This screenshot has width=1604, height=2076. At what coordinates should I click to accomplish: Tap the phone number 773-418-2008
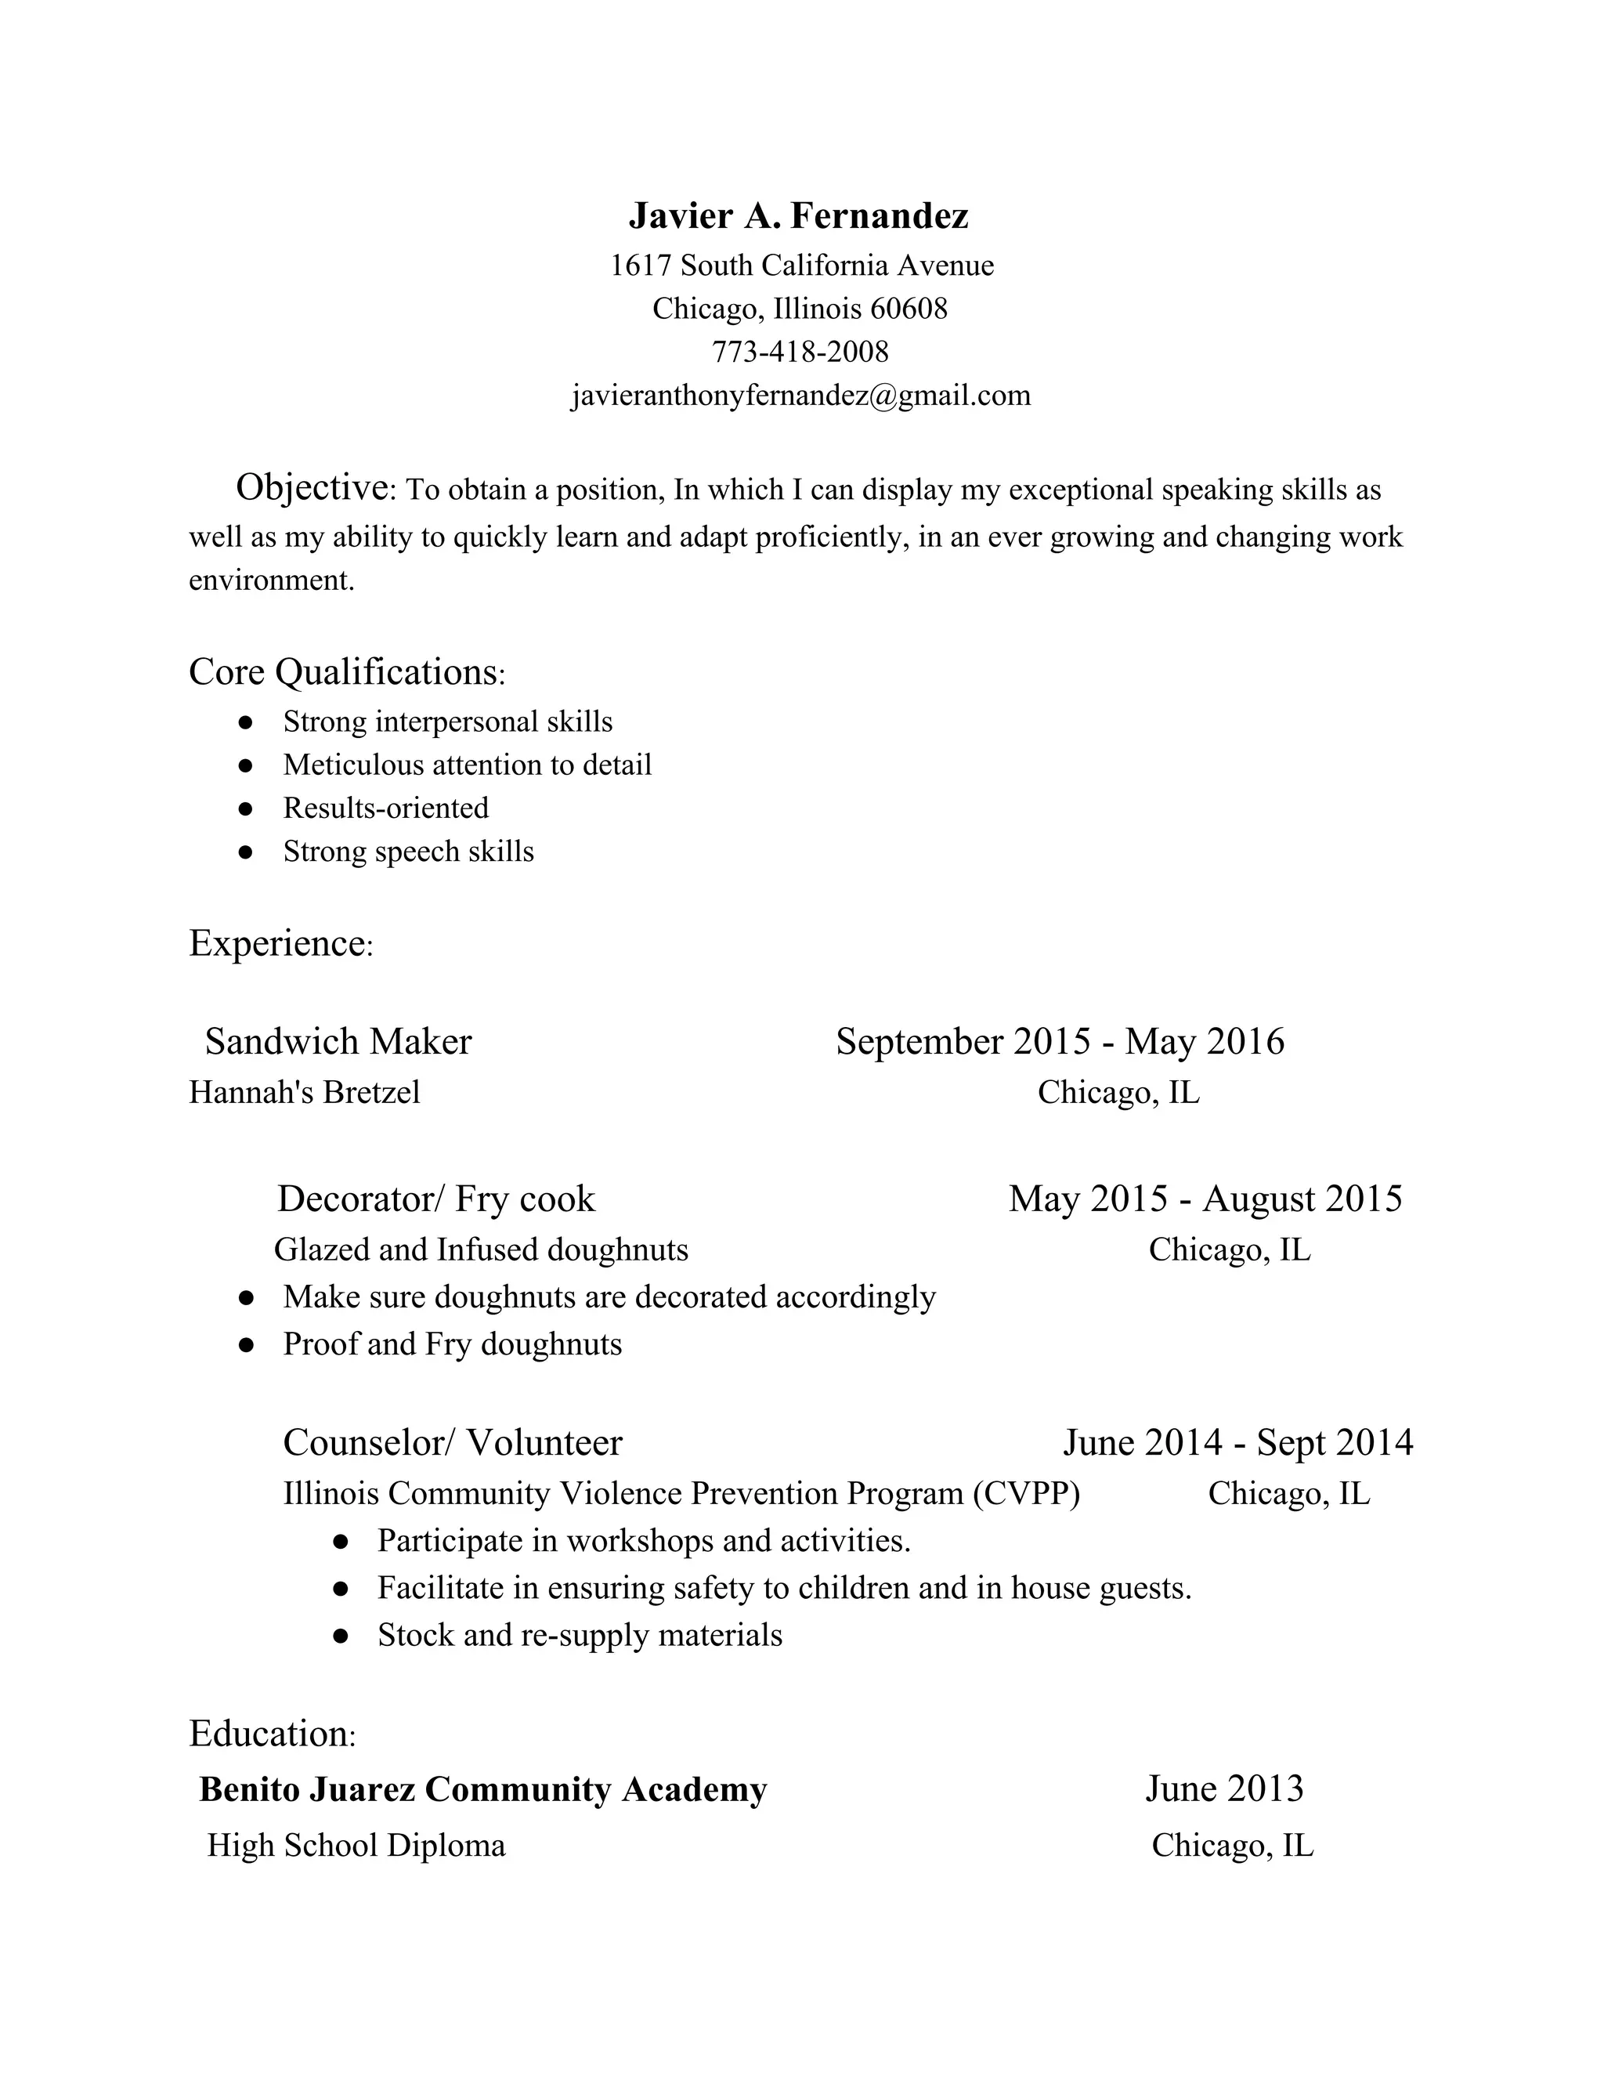800,352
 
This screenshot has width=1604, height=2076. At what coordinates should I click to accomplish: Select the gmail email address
800,396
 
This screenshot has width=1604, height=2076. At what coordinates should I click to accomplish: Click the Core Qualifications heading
346,672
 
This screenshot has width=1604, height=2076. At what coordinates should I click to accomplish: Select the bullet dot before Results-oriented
246,809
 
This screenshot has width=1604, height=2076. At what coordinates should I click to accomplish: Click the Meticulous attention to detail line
467,765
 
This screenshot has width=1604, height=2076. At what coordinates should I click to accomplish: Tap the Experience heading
280,943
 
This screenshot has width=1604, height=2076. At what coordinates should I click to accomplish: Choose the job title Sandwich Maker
338,1042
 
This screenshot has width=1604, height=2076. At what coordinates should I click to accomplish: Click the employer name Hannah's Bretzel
304,1092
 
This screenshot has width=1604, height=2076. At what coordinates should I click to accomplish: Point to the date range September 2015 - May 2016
1060,1042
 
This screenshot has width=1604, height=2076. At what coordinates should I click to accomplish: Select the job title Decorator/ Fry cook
436,1199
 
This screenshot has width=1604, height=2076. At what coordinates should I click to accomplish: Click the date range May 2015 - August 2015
1205,1199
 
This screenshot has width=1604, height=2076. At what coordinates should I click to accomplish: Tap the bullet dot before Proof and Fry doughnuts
246,1345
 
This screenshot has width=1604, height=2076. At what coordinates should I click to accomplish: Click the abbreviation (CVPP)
1026,1493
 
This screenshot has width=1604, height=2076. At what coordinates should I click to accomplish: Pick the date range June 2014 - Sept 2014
1237,1443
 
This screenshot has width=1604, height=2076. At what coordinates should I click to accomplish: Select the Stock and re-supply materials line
580,1635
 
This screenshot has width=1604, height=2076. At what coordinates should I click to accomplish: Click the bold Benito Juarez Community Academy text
482,1789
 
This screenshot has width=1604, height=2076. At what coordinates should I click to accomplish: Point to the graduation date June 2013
1224,1789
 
